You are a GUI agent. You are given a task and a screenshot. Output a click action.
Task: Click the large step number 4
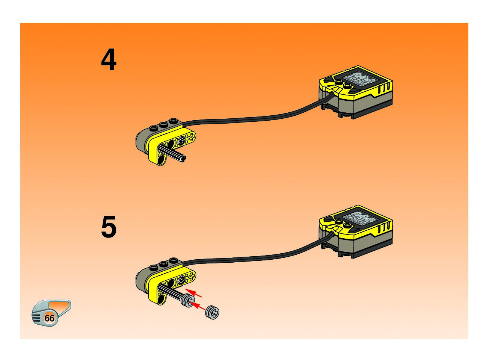(109, 61)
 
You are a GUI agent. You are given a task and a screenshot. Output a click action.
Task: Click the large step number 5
(109, 227)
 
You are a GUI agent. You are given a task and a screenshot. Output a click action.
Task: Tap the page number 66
(49, 318)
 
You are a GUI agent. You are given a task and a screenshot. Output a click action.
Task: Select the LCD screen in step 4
(359, 80)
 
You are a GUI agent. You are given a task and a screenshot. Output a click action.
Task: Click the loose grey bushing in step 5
(213, 312)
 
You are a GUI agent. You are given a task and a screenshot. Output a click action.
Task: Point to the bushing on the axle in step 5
(187, 301)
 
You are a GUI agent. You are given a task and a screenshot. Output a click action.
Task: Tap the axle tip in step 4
(184, 159)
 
